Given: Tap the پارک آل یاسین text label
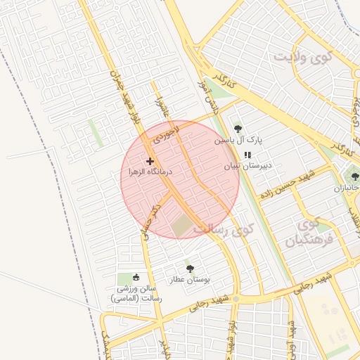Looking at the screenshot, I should tap(238, 141).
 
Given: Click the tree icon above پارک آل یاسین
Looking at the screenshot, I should tap(238, 129).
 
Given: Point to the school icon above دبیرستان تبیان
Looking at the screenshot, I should tap(247, 155).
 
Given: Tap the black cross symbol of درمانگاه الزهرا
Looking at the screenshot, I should tap(150, 161).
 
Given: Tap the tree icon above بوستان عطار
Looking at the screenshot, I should tap(190, 268).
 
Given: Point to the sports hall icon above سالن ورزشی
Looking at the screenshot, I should tap(136, 278).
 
